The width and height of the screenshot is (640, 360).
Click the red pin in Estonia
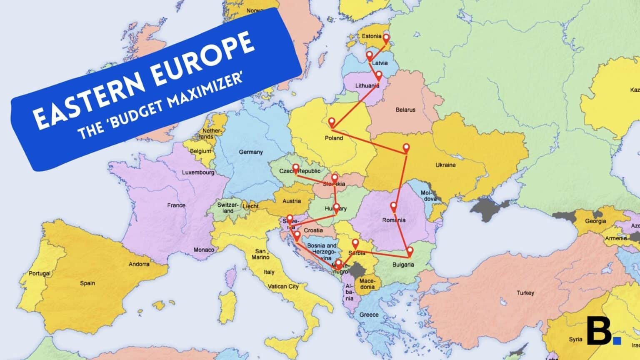click(386, 39)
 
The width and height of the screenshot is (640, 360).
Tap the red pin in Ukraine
click(406, 148)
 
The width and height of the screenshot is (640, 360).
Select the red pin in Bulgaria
click(410, 251)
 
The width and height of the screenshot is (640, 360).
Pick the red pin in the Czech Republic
click(295, 169)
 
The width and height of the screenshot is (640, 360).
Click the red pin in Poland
click(332, 122)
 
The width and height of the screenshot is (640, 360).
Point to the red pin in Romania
click(393, 206)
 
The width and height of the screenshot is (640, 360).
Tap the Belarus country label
click(405, 110)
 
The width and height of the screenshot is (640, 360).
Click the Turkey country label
click(525, 293)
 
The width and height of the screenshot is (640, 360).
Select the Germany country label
click(250, 152)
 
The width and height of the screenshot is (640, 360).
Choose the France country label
click(176, 205)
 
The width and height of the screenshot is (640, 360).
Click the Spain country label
click(87, 283)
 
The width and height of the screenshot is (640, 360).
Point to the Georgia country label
click(595, 221)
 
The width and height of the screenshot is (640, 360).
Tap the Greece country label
click(369, 315)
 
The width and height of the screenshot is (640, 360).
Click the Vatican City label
click(283, 286)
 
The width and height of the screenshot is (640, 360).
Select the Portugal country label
click(40, 274)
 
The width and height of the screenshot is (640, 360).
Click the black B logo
click(599, 330)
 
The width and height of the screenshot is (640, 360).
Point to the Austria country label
click(292, 201)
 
